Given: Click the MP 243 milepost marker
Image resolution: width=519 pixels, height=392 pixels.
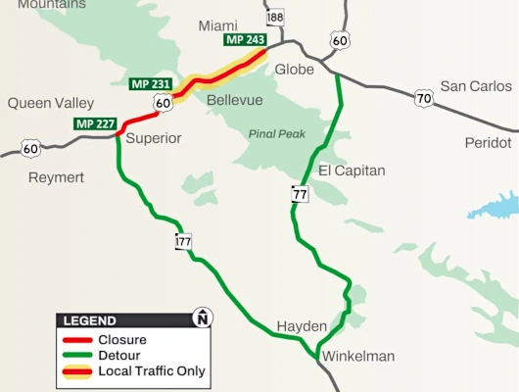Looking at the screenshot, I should pos(245,40).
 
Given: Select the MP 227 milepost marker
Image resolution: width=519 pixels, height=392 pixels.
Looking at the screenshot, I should pos(95,124).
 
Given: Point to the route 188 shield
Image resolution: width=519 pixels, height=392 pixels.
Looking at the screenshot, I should pos(275,18).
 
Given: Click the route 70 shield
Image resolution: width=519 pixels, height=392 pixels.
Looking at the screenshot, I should pos(423,98).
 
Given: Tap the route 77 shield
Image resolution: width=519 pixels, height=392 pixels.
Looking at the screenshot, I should pos(300,194).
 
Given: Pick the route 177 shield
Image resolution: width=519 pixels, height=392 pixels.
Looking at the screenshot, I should pos(184,241).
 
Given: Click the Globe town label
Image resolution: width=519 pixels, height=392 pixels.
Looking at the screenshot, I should pos(295,70).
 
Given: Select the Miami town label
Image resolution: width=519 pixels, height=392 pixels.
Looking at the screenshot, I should pos(217,24).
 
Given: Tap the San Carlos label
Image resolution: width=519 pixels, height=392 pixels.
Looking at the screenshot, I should pos(476,86).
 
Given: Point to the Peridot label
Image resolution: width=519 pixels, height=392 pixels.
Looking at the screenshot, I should pos(488,143).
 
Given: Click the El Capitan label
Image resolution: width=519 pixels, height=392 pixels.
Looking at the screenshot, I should pos(352,171).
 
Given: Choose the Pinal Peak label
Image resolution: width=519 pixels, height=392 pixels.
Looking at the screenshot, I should pos(276,134).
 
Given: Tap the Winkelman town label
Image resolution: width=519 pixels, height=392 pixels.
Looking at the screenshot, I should pos(358,357).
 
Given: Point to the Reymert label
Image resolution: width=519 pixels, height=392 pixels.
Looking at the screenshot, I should pos(56,177).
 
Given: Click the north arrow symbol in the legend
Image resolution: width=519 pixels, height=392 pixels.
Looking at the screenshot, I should pos(202,318).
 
